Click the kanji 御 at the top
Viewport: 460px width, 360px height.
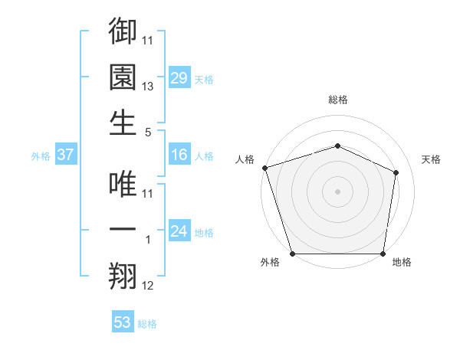(x=123, y=31)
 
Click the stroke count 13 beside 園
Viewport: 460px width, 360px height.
(x=149, y=87)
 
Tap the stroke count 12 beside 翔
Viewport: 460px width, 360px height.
(x=149, y=286)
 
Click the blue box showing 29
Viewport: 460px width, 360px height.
(x=179, y=77)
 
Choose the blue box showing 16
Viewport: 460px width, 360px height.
(x=179, y=155)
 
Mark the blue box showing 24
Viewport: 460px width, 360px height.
(x=179, y=231)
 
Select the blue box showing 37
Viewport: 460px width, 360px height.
(x=65, y=155)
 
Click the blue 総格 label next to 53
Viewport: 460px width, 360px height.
(x=147, y=324)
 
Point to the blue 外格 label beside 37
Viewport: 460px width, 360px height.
(x=41, y=156)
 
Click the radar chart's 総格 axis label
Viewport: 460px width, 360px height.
(x=338, y=100)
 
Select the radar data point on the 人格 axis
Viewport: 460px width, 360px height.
(x=264, y=168)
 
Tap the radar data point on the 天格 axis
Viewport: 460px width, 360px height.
(x=396, y=172)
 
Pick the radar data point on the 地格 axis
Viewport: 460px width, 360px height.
(x=383, y=254)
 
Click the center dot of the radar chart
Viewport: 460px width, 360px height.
(x=338, y=191)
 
